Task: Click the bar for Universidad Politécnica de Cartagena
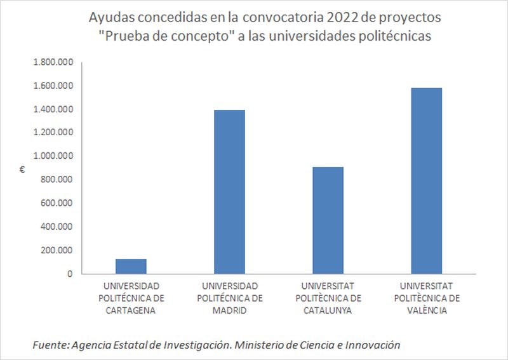pyautogui.click(x=130, y=266)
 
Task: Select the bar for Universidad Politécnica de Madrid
pyautogui.click(x=229, y=192)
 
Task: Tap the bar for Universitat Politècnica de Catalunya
pyautogui.click(x=328, y=220)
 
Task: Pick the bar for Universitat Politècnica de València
pyautogui.click(x=426, y=181)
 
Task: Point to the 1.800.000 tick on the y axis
pyautogui.click(x=54, y=62)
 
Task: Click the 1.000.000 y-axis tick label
pyautogui.click(x=54, y=156)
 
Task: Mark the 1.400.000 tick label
pyautogui.click(x=54, y=109)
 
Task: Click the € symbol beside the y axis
pyautogui.click(x=22, y=169)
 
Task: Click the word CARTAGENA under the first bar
pyautogui.click(x=131, y=310)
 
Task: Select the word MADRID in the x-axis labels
pyautogui.click(x=229, y=310)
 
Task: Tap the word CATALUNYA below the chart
pyautogui.click(x=328, y=310)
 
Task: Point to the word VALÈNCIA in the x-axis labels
pyautogui.click(x=427, y=310)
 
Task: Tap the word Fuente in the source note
pyautogui.click(x=50, y=345)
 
